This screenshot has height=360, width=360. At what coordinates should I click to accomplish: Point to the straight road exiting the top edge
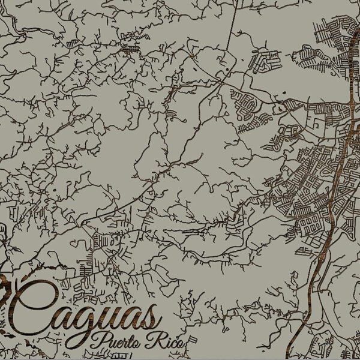232,18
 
